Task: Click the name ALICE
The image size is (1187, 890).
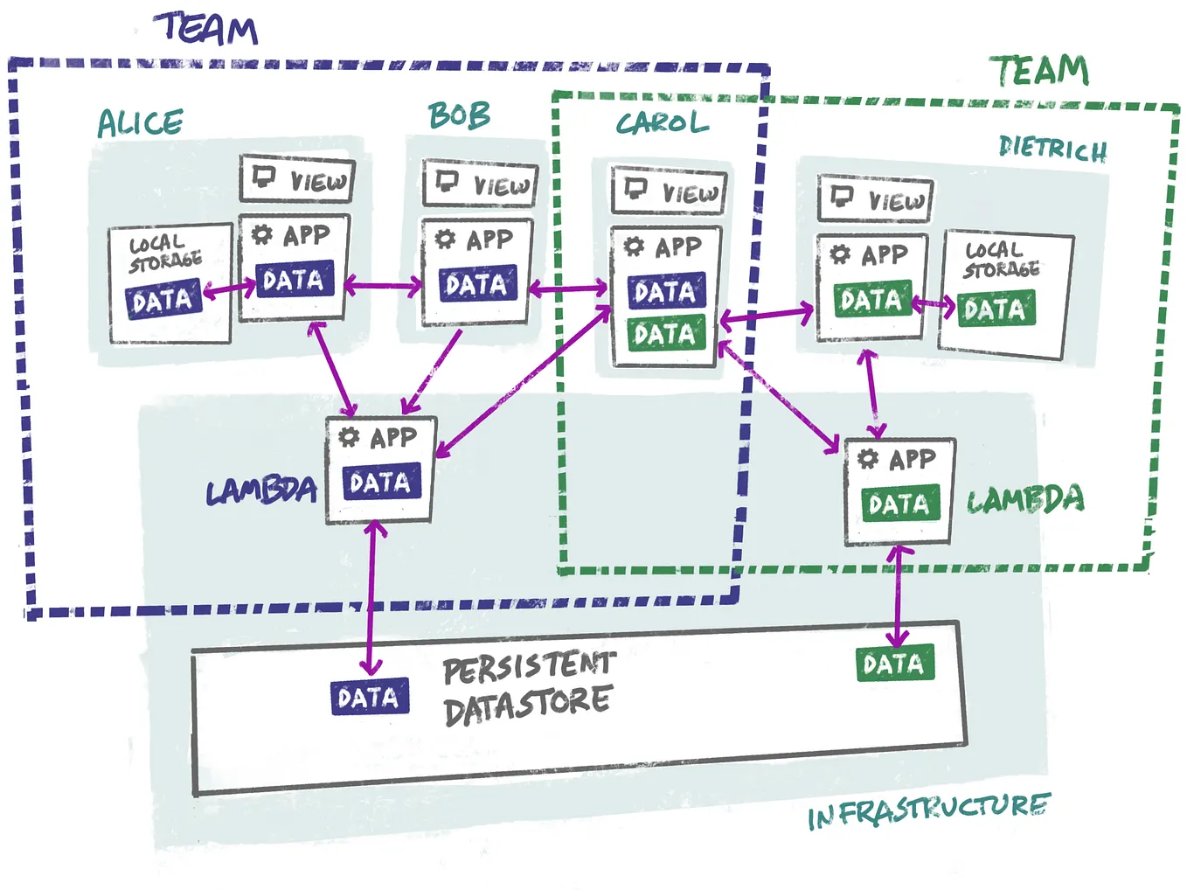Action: coord(141,122)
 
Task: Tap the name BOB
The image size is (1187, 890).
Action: coord(460,115)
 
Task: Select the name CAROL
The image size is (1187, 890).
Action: coord(663,122)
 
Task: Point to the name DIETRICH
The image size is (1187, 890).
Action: coord(1052,149)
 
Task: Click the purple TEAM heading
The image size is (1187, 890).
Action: coord(205,29)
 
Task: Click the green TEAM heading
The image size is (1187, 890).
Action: coord(1039,71)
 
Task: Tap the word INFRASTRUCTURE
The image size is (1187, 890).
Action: coord(929,811)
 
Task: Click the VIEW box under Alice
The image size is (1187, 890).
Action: coord(297,179)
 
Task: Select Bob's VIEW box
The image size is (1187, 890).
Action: coord(480,183)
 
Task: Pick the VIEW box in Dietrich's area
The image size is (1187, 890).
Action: coord(876,198)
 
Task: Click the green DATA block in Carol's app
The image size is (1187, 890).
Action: coord(666,332)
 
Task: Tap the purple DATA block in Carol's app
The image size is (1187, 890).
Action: coord(666,290)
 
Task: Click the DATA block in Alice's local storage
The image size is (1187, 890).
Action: coord(163,298)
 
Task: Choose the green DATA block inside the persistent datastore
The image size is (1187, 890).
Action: coord(896,663)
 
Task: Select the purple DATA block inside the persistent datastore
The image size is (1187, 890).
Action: coord(370,697)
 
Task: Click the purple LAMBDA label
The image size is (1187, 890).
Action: coord(261,490)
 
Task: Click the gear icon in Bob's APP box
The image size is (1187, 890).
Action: coord(445,239)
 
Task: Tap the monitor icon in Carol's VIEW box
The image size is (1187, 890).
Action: coord(635,189)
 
